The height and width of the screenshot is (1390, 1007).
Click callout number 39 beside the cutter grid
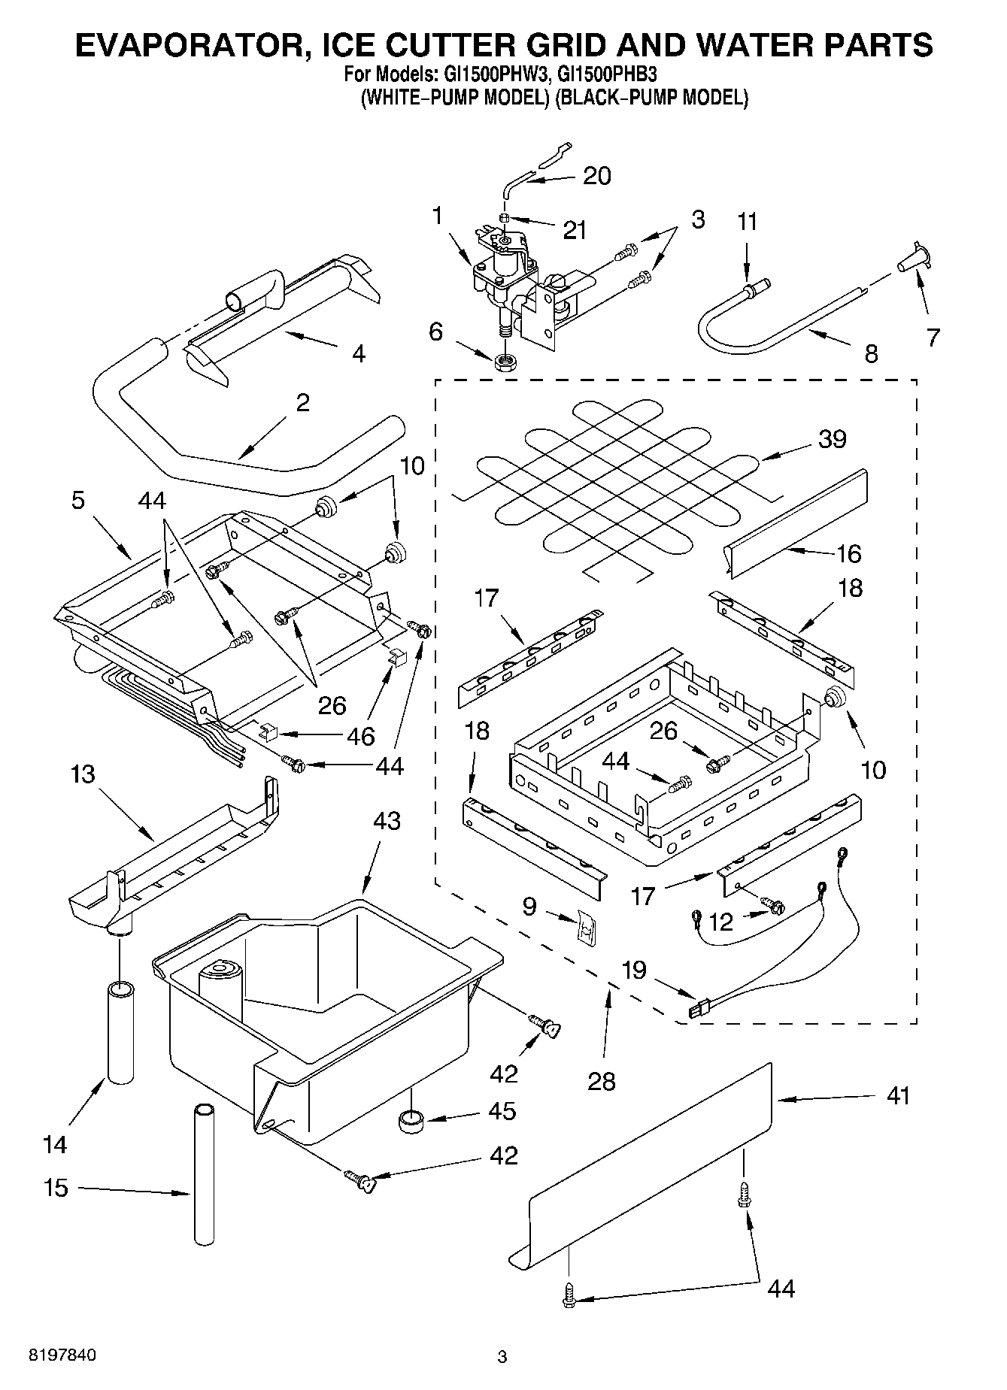[x=832, y=438]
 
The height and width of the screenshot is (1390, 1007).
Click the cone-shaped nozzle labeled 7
[x=912, y=260]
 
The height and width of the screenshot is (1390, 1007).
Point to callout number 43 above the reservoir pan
[x=387, y=820]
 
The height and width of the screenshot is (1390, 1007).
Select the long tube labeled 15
[x=203, y=1173]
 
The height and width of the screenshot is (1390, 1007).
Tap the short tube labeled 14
[x=120, y=1031]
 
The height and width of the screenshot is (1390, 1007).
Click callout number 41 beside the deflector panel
[x=898, y=1095]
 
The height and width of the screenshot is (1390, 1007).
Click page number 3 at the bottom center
[x=502, y=1357]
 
